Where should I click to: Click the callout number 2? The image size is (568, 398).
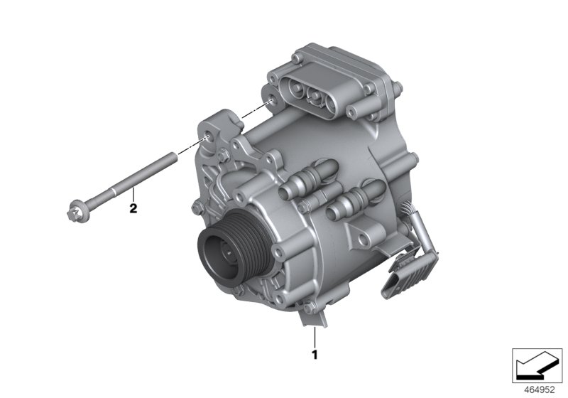pos(132,209)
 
